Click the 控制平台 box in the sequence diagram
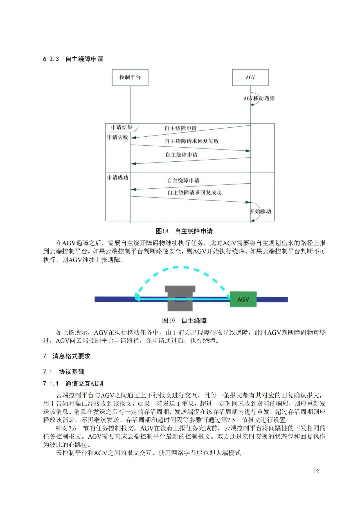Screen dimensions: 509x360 click(x=130, y=77)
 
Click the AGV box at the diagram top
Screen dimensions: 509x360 click(x=250, y=77)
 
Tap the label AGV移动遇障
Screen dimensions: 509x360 click(x=259, y=98)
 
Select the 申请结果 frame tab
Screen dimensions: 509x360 click(x=122, y=127)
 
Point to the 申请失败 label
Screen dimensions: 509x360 click(x=117, y=137)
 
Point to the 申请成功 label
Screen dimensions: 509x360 click(x=117, y=177)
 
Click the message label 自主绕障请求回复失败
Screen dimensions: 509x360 click(x=192, y=141)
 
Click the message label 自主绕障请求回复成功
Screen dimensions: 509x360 click(x=194, y=192)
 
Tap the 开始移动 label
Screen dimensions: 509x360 click(x=260, y=211)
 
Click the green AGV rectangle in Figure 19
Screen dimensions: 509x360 click(x=243, y=299)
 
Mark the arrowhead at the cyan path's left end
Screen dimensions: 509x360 click(x=137, y=297)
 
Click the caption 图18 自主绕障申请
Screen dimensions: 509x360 click(x=184, y=231)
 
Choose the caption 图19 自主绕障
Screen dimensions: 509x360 click(x=184, y=320)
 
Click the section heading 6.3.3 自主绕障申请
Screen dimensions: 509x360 click(x=73, y=59)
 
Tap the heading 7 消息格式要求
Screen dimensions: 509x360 click(x=67, y=356)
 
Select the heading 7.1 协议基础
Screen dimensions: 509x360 click(x=64, y=372)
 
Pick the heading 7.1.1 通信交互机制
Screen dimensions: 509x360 click(x=73, y=383)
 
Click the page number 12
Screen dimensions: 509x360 click(x=316, y=471)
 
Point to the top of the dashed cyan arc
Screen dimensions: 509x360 click(x=177, y=267)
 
